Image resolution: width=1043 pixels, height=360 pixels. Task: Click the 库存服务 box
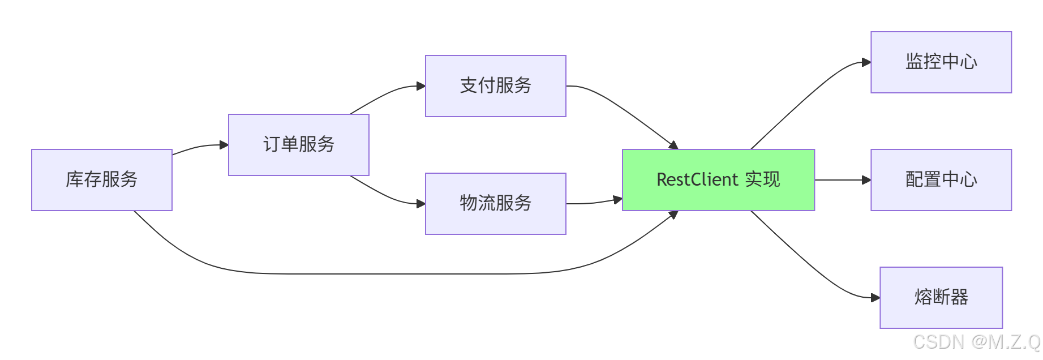click(x=102, y=180)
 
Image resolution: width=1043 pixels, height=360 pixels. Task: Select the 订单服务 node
click(x=299, y=145)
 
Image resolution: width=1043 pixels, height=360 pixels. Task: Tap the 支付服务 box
click(x=496, y=86)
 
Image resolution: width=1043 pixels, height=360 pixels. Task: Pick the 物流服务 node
click(x=496, y=204)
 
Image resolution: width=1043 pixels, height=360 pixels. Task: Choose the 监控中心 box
click(x=941, y=62)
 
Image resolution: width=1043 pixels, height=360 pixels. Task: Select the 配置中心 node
click(x=941, y=180)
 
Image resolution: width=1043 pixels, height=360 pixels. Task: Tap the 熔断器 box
click(x=941, y=298)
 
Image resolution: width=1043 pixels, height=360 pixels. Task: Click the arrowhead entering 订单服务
click(x=224, y=145)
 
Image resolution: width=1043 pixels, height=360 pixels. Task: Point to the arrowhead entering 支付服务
click(x=421, y=86)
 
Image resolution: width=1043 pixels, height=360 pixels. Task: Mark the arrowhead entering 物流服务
click(x=421, y=204)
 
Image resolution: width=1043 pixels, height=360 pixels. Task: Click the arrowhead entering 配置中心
click(x=866, y=180)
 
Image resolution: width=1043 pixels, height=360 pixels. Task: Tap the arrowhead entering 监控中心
click(x=866, y=62)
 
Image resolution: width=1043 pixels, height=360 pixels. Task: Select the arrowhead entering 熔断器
click(x=875, y=298)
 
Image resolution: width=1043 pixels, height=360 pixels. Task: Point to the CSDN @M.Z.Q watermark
click(x=977, y=342)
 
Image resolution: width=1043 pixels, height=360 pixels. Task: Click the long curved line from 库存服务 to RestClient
click(x=396, y=274)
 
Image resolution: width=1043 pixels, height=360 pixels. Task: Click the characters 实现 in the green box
click(x=762, y=180)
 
